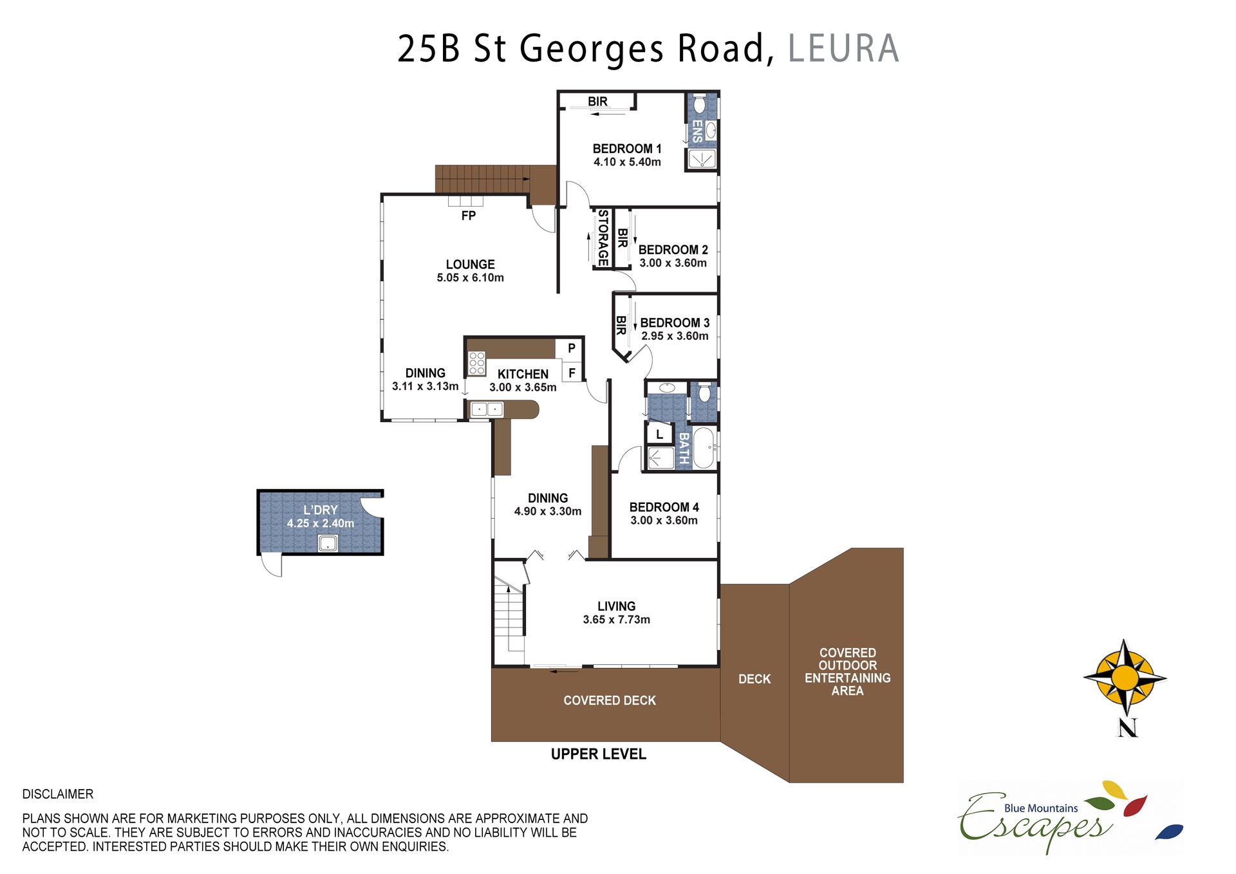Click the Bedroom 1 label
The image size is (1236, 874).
tap(627, 149)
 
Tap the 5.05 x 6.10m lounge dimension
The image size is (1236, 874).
tap(470, 278)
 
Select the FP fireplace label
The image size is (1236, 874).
tap(469, 216)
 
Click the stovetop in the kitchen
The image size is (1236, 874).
tap(476, 363)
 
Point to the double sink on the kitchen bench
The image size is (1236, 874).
tap(487, 409)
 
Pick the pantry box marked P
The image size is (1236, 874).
tap(571, 348)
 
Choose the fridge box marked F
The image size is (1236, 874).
tap(572, 373)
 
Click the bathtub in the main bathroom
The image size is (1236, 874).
tap(704, 447)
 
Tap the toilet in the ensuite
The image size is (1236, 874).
tap(700, 104)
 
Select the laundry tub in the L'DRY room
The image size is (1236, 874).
tap(328, 543)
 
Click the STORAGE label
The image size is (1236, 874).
tap(603, 237)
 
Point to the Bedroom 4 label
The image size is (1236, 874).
tap(664, 507)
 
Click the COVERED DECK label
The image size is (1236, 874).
tap(610, 700)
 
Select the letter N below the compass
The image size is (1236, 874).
tap(1127, 728)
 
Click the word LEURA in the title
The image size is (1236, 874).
tap(843, 49)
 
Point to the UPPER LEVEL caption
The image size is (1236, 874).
tap(598, 754)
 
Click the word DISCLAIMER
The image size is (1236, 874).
tap(58, 794)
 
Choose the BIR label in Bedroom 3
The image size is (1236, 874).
tap(621, 325)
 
